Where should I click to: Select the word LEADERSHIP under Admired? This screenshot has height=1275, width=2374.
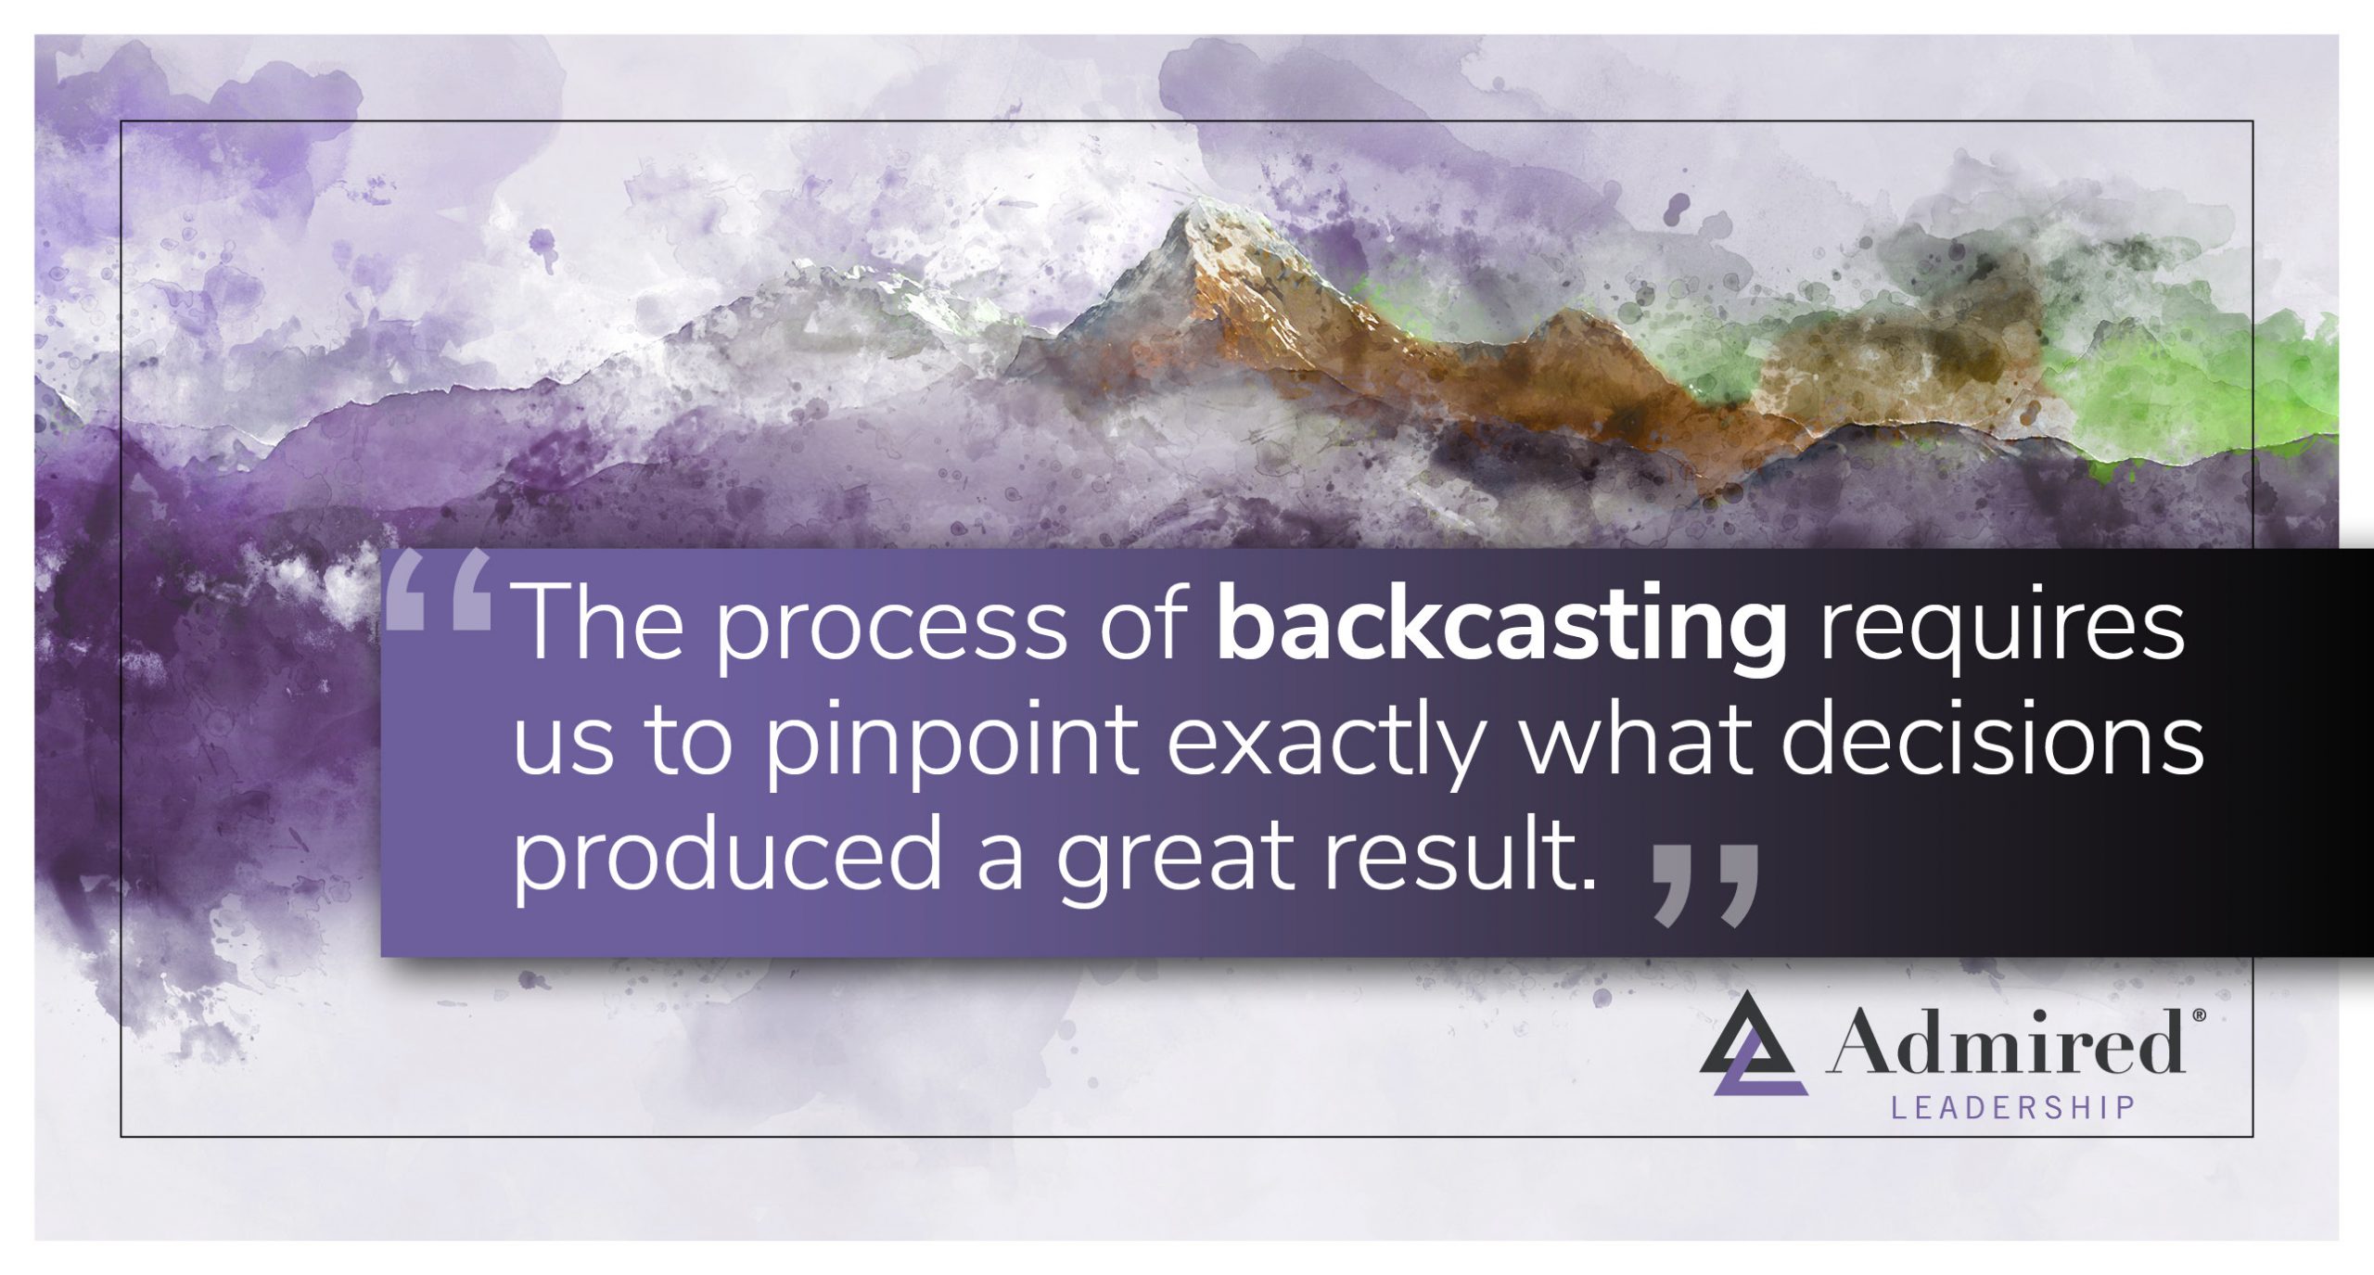2013,1107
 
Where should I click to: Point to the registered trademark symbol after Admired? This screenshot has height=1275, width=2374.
2197,1017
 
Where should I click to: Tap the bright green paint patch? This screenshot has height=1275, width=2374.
2207,389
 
